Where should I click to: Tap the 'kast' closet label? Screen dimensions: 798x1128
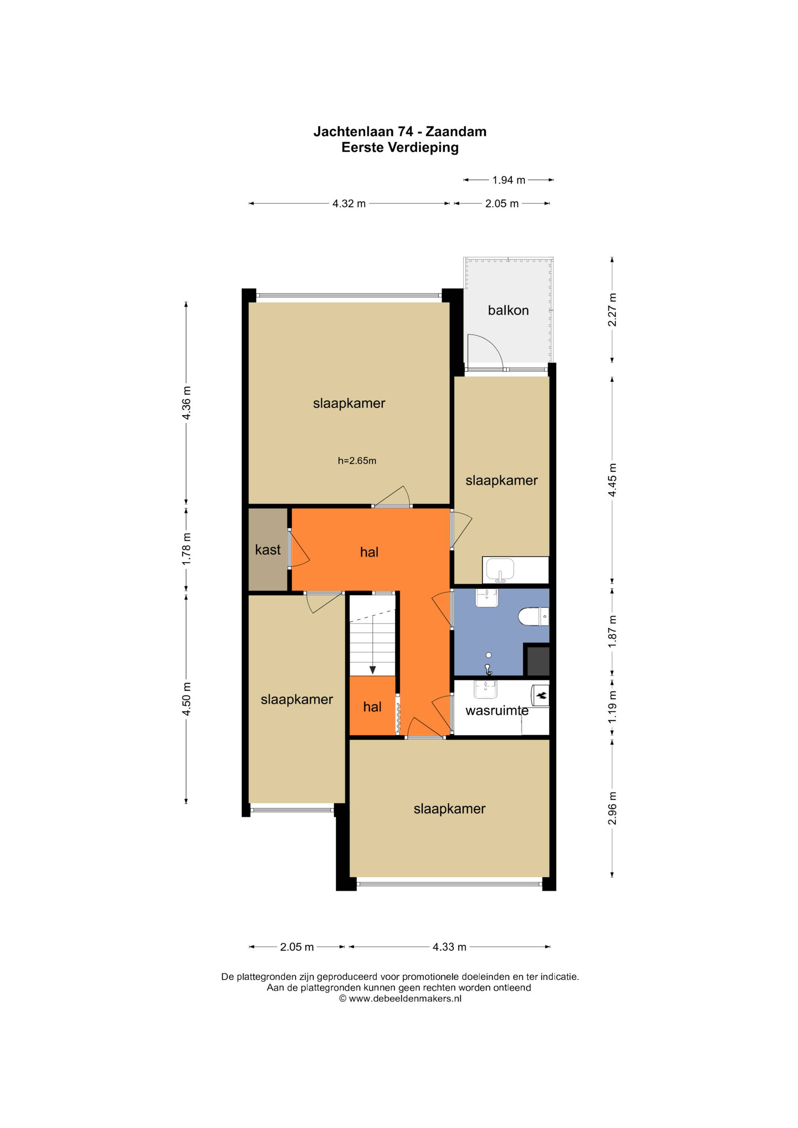coord(268,549)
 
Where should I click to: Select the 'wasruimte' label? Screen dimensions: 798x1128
coord(497,710)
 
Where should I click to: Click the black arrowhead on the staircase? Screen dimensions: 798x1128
coord(372,670)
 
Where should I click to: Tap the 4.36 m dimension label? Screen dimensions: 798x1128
coord(186,403)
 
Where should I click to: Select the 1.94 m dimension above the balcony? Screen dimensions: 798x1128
coord(509,180)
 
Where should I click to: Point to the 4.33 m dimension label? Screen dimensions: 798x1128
coord(449,947)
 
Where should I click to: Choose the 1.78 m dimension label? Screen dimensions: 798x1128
coord(186,549)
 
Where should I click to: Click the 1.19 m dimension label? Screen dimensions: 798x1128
coord(612,707)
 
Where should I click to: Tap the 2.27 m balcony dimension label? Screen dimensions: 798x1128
coord(612,310)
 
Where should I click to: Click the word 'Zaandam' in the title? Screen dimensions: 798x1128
coord(456,132)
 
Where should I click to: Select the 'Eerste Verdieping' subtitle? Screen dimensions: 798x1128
coord(400,148)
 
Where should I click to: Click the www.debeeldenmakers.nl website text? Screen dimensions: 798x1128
coord(405,998)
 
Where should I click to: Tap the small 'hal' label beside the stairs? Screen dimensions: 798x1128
coord(372,707)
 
